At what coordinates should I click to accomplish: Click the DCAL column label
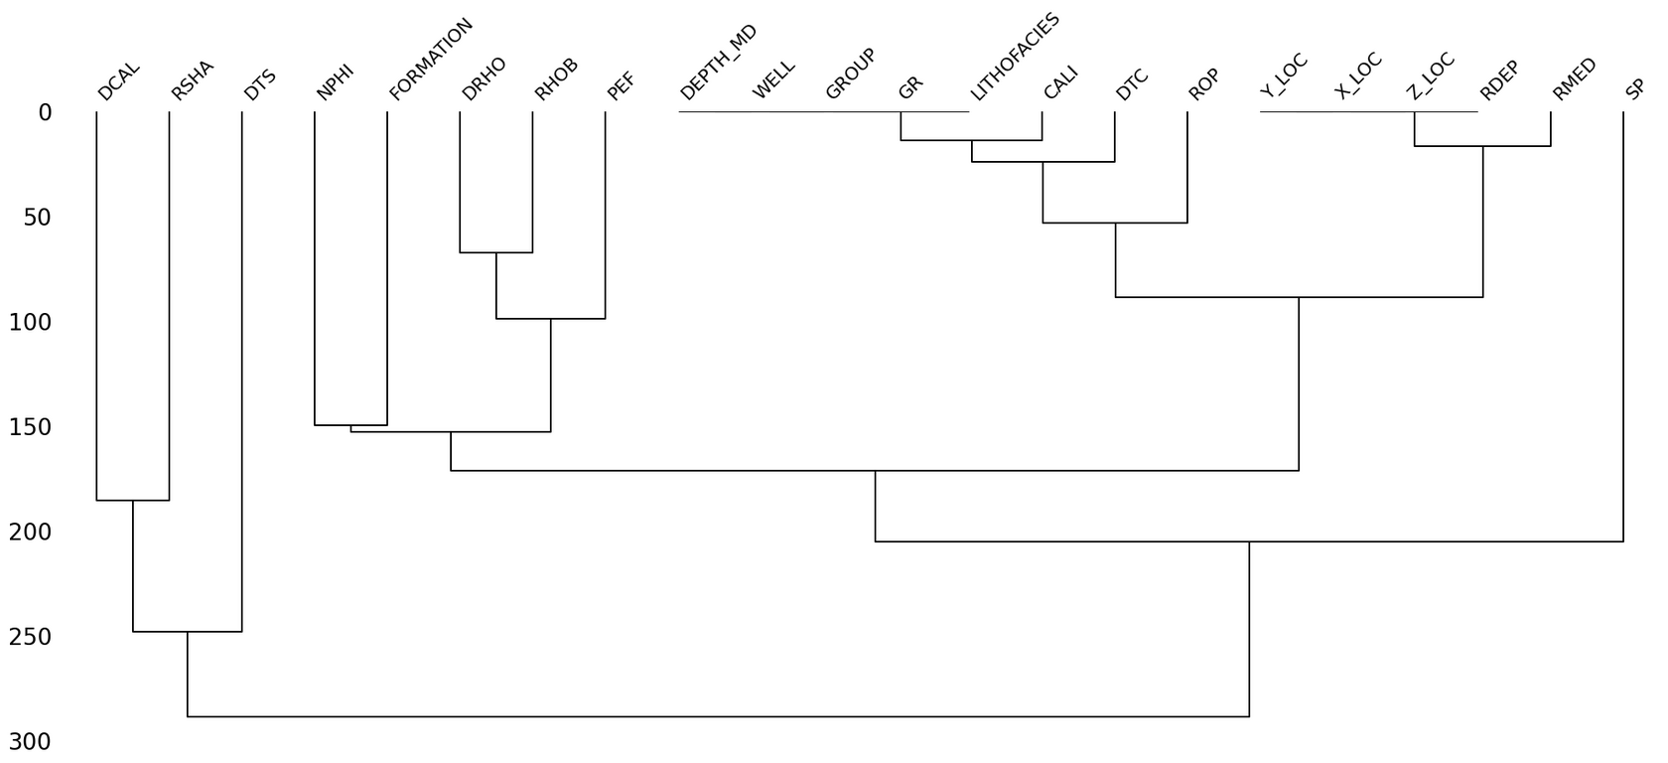click(x=119, y=81)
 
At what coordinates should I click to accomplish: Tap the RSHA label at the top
click(x=193, y=80)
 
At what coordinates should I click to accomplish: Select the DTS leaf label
click(x=260, y=85)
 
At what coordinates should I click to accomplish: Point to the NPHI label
click(x=335, y=82)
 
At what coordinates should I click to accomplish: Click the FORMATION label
click(x=431, y=60)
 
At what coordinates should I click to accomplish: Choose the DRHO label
click(x=484, y=79)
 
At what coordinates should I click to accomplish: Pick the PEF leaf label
click(x=621, y=86)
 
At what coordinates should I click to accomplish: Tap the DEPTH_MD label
click(x=719, y=63)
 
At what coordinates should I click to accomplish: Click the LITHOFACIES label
click(x=1015, y=57)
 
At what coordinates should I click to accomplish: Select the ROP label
click(x=1203, y=85)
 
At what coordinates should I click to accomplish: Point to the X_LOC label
click(x=1357, y=76)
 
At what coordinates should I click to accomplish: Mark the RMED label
click(x=1574, y=79)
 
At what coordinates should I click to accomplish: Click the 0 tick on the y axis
click(x=46, y=112)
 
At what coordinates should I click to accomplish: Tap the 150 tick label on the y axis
click(x=31, y=427)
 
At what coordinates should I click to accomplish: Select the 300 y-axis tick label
click(x=31, y=741)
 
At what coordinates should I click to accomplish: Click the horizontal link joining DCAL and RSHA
click(x=133, y=500)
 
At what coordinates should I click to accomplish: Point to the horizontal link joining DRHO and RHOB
click(x=496, y=252)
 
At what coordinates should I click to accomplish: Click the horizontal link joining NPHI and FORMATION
click(x=350, y=425)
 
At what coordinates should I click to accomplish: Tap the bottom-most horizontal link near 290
click(x=718, y=716)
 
